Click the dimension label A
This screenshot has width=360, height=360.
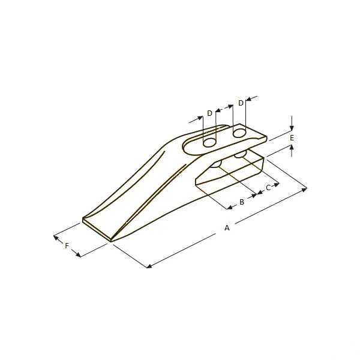(227, 227)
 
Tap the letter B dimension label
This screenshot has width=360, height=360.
(242, 202)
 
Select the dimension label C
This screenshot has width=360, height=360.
(268, 188)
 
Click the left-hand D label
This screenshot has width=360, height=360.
(209, 113)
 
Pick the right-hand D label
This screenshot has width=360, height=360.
(241, 103)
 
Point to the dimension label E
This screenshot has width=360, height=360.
(292, 138)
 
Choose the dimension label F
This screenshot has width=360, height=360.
(67, 246)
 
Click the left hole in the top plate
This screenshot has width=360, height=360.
(209, 142)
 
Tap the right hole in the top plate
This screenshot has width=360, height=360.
(239, 132)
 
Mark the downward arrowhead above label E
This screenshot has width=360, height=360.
(292, 128)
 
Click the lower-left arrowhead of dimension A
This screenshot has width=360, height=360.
(149, 265)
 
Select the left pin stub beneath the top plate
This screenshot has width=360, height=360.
(217, 164)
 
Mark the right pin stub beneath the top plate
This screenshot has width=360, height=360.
(241, 155)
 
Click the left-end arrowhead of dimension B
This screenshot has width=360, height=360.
(230, 208)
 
